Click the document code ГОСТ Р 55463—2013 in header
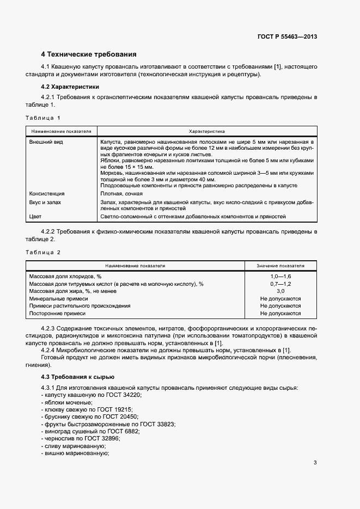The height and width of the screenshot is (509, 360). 288,37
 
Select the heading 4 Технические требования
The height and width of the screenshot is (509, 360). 89,54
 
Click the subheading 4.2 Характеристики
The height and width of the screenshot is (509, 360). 70,87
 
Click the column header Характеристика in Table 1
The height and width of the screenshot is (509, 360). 206,131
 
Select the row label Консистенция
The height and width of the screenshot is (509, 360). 46,193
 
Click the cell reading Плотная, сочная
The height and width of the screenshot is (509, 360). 121,193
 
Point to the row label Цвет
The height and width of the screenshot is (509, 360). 35,217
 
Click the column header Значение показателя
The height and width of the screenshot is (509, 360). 280,266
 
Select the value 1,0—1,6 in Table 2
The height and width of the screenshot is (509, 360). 280,277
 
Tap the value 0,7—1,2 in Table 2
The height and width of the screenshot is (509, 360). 280,284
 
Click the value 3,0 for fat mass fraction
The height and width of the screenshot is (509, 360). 280,291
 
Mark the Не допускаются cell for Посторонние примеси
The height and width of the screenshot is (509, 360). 280,314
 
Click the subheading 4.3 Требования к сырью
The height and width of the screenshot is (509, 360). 78,377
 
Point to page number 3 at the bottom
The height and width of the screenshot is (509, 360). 315,463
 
